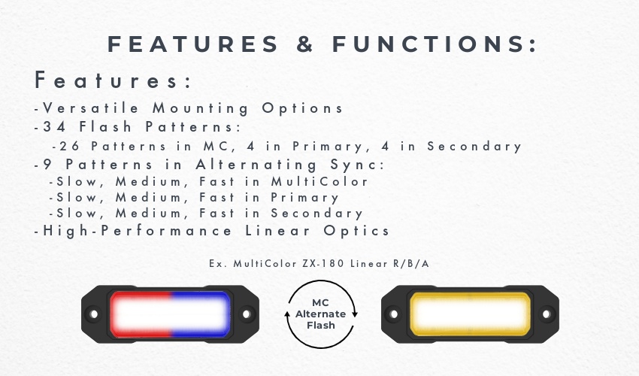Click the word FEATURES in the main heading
[x=192, y=44]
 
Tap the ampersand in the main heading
[x=304, y=44]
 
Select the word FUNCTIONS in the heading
[x=435, y=44]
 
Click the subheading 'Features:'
[x=113, y=80]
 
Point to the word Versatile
[x=91, y=108]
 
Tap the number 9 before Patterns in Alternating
[x=47, y=165]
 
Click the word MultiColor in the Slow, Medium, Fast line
[x=320, y=181]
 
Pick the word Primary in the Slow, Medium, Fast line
[x=304, y=198]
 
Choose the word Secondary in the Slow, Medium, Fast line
[x=316, y=214]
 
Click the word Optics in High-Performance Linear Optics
[x=356, y=231]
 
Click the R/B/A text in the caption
[x=410, y=263]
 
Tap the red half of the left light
[x=141, y=314]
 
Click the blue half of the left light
[x=201, y=314]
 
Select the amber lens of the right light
[x=470, y=314]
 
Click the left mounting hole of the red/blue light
[x=94, y=314]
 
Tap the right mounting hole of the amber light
[x=547, y=314]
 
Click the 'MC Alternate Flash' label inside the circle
[x=321, y=314]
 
